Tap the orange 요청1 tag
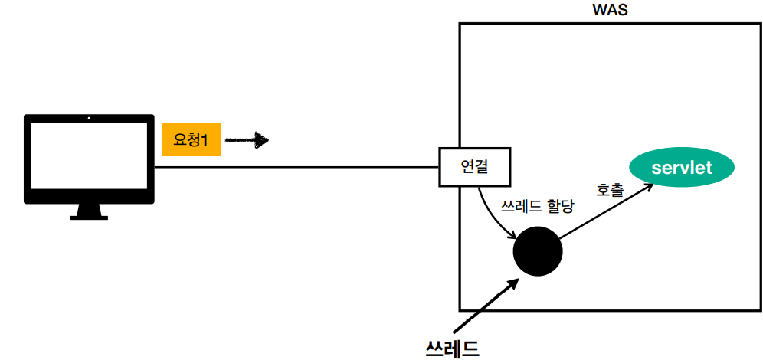pyautogui.click(x=192, y=140)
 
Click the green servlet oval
pyautogui.click(x=682, y=168)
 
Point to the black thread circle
pyautogui.click(x=538, y=252)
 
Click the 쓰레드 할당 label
pyautogui.click(x=537, y=207)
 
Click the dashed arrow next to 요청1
pyautogui.click(x=248, y=140)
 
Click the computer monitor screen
pyautogui.click(x=89, y=158)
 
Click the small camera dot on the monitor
pyautogui.click(x=89, y=119)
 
